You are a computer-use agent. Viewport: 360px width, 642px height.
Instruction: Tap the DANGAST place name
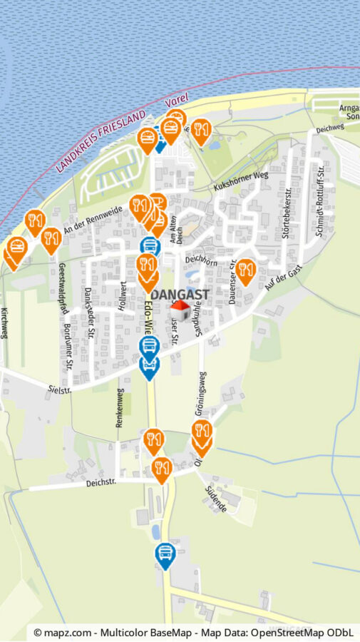[180, 294]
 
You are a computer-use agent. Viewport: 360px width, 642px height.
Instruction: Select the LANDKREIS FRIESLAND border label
[101, 142]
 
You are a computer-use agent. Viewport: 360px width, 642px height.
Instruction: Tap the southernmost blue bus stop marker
[165, 554]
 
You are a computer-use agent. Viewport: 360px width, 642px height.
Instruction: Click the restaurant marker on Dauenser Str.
[246, 270]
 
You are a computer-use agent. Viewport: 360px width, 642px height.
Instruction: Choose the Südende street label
[215, 499]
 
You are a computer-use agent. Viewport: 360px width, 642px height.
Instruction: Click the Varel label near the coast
[175, 101]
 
